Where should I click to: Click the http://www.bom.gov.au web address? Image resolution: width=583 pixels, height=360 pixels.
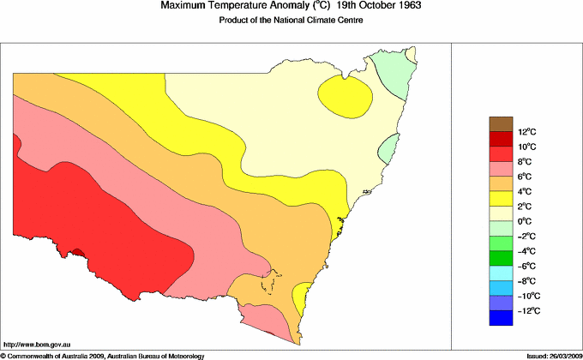35,344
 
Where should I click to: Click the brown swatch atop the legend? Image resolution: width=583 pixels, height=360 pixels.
500,123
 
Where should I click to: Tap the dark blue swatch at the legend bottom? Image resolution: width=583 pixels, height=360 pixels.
500,318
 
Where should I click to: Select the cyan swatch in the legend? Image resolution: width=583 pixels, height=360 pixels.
500,273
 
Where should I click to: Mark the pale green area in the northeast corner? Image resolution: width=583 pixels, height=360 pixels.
394,72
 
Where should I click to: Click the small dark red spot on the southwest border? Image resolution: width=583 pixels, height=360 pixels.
78,252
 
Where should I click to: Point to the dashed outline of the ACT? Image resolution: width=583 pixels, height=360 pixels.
272,284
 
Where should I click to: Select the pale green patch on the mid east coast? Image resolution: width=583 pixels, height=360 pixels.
390,151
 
